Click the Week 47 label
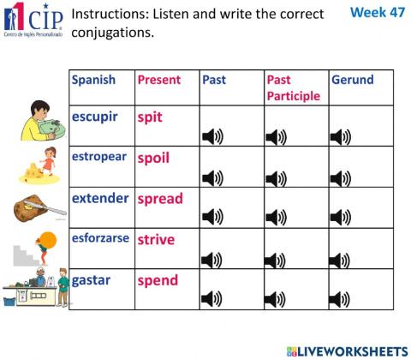tap(378, 13)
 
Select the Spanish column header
tap(93, 80)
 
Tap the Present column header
tap(159, 80)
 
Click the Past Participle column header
tap(293, 87)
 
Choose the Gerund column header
tap(352, 80)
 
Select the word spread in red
tap(160, 198)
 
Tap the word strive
tap(156, 239)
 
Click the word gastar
tap(91, 280)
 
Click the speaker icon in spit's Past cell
tap(211, 136)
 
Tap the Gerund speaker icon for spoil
tap(340, 177)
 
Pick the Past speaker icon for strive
tap(211, 259)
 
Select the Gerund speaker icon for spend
tap(340, 299)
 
